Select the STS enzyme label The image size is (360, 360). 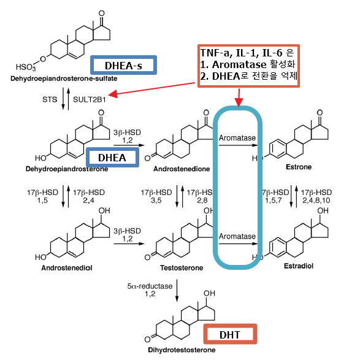(x=50, y=99)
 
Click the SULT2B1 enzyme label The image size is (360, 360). (x=90, y=99)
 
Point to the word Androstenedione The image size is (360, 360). (x=182, y=169)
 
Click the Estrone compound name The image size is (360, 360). (x=299, y=167)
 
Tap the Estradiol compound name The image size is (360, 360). (x=299, y=266)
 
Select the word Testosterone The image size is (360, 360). (x=182, y=268)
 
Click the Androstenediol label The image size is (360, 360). (x=67, y=268)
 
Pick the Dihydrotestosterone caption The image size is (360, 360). (x=182, y=350)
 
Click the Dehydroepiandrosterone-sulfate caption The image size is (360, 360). (x=64, y=79)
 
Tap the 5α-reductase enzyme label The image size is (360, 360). (x=150, y=286)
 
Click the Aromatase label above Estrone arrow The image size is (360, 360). (x=237, y=138)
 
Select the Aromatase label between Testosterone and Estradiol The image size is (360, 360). (x=237, y=236)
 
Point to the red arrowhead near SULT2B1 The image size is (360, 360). (x=113, y=94)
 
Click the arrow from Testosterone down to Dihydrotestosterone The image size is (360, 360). (x=177, y=291)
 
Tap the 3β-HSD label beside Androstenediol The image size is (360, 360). (x=127, y=231)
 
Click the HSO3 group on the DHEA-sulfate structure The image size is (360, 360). (x=26, y=67)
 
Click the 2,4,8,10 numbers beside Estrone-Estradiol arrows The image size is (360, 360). (x=316, y=201)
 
